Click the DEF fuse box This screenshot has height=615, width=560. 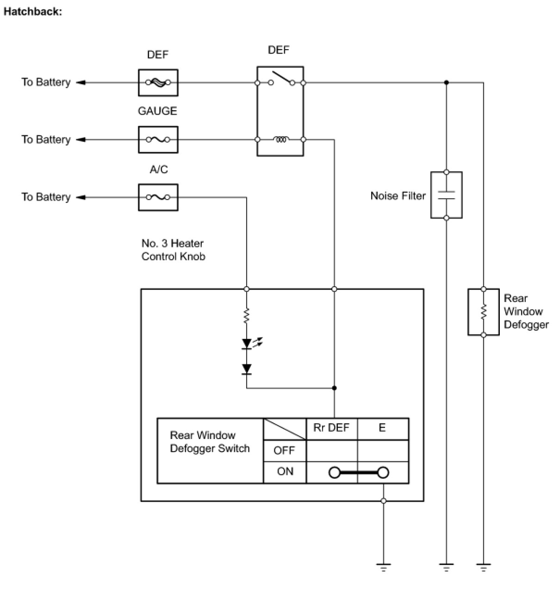(x=158, y=82)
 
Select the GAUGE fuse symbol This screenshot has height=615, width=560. (x=158, y=140)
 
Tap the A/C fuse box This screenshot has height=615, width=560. (x=158, y=197)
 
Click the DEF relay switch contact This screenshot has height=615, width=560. (x=282, y=78)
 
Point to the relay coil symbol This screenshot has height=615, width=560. (x=281, y=139)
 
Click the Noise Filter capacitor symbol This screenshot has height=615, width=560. (x=446, y=195)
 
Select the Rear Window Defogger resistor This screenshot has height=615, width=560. (x=483, y=312)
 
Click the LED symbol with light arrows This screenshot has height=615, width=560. (x=252, y=343)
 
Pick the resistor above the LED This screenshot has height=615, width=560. (x=246, y=316)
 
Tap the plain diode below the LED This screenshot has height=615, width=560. (x=246, y=369)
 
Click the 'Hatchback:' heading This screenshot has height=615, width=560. (x=33, y=12)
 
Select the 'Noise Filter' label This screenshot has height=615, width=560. (x=398, y=195)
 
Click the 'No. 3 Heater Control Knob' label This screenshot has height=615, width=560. (x=173, y=250)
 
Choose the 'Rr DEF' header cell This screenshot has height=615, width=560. (x=332, y=429)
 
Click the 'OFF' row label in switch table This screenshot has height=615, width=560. (x=285, y=450)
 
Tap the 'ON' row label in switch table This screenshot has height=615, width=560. (x=285, y=471)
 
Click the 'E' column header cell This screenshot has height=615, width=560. (x=383, y=429)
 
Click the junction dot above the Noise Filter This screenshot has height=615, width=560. (x=446, y=82)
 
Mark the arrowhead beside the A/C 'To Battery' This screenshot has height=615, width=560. (x=81, y=197)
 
